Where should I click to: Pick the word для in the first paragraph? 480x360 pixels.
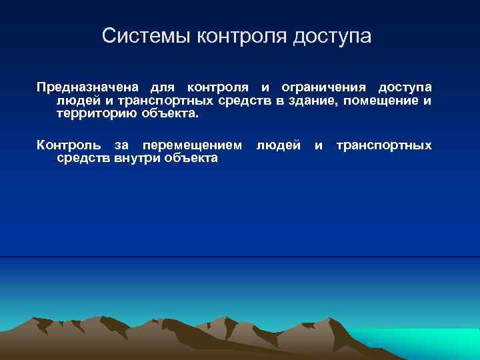163,87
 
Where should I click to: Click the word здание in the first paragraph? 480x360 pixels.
311,101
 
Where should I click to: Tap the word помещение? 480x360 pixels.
381,101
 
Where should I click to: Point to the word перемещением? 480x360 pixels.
193,145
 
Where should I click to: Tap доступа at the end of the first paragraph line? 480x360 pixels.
405,87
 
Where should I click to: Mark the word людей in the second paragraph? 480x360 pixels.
279,145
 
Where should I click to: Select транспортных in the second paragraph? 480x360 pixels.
383,145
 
